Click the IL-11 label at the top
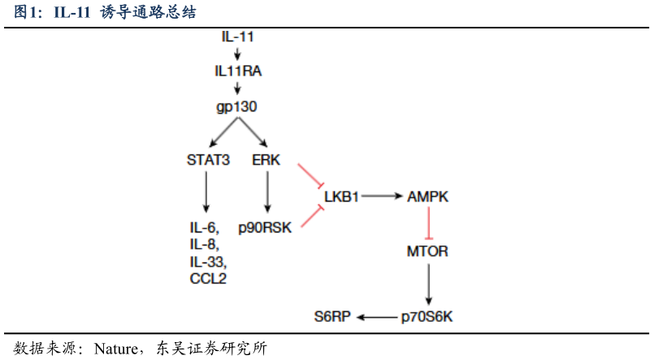coord(238,37)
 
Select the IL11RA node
coord(238,72)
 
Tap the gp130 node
coord(237,106)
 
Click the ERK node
coord(266,159)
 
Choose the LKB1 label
coord(341,197)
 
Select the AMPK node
coord(428,197)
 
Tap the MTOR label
coord(427,251)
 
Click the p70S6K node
coord(427,317)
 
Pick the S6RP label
coord(332,317)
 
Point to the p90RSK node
coord(265,228)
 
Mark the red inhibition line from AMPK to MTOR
coord(428,222)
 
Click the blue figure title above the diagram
coord(105,13)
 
